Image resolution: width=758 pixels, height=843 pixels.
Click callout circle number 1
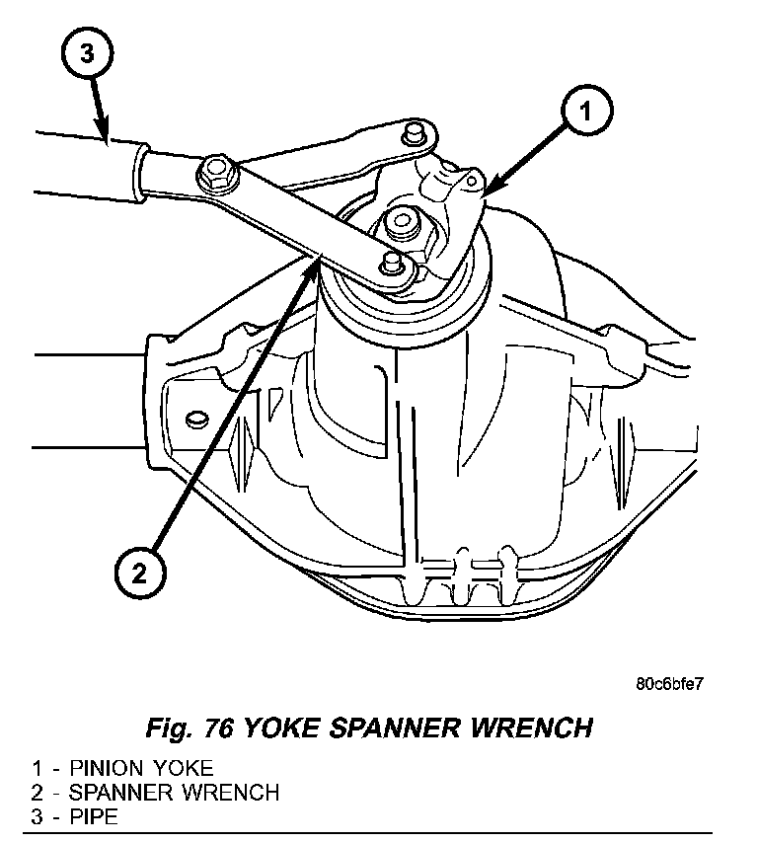[x=585, y=115]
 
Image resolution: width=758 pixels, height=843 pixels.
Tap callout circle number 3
[x=87, y=55]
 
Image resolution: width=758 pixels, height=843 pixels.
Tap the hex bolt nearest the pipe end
[x=213, y=175]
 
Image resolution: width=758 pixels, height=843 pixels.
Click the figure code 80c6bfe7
[x=669, y=684]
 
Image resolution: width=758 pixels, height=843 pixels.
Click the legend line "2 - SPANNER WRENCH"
[x=154, y=792]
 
